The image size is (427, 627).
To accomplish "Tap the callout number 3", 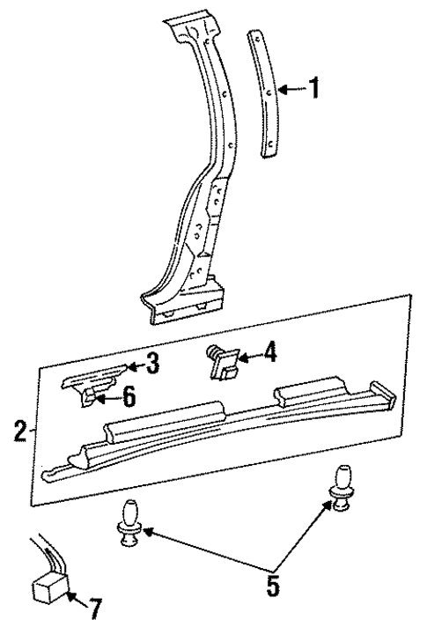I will point(152,362).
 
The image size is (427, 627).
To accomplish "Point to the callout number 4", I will point(269,354).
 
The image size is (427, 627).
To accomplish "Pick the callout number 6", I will point(128,396).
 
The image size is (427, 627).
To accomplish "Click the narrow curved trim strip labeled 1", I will point(266,93).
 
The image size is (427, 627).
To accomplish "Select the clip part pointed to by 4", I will point(222,363).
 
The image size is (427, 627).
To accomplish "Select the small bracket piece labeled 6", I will point(91,397).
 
